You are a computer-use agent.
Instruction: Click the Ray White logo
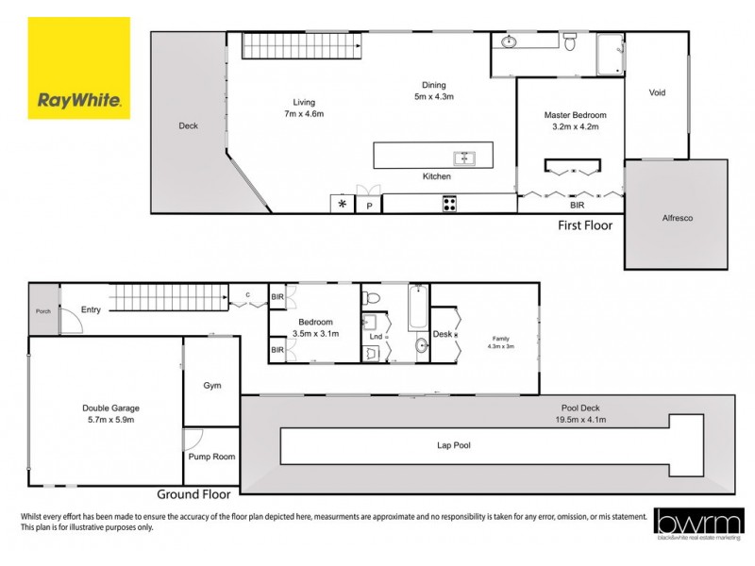79,67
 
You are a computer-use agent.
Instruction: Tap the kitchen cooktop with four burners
450,203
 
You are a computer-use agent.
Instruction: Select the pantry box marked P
369,205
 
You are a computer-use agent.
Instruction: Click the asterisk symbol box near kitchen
341,204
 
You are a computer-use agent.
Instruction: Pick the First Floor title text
584,225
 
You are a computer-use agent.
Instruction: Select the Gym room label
211,386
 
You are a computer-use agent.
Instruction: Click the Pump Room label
211,457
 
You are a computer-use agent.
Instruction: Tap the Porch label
42,312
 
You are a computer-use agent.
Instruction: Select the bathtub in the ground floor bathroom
418,308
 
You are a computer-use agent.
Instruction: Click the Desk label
442,334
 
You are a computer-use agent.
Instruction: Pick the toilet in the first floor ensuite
569,42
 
